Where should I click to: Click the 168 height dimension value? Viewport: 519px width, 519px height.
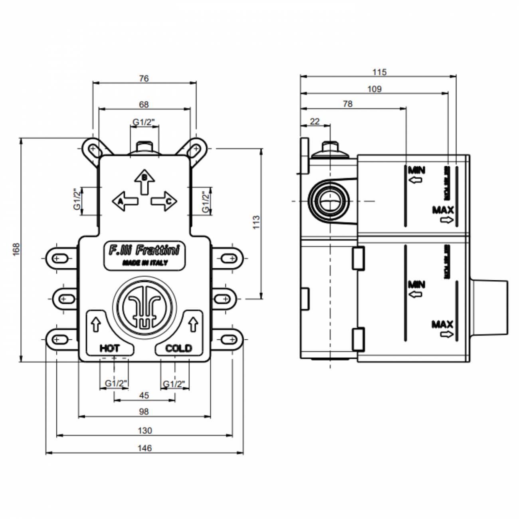[x=16, y=249]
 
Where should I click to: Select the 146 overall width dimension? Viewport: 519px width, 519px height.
[x=145, y=448]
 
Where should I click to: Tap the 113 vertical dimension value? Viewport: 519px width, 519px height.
[x=256, y=222]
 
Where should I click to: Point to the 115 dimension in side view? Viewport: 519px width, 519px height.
[x=379, y=72]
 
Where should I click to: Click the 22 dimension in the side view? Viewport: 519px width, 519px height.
[x=315, y=121]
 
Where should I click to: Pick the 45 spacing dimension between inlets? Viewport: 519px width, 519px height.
[x=144, y=395]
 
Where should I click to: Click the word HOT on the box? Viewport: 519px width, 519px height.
[x=109, y=348]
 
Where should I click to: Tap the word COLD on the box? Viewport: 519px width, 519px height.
[x=178, y=348]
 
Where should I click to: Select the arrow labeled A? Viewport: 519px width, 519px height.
[x=125, y=201]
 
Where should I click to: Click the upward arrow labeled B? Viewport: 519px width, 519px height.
[x=145, y=182]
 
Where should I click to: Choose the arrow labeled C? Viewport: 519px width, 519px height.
[x=164, y=201]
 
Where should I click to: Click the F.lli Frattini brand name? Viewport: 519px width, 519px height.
[x=144, y=250]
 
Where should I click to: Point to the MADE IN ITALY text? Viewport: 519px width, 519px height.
[x=145, y=263]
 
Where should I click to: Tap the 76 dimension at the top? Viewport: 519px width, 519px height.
[x=144, y=78]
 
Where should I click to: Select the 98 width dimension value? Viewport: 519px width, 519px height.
[x=144, y=411]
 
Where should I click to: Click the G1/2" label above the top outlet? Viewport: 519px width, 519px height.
[x=144, y=122]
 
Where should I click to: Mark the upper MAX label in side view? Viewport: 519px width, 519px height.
[x=443, y=210]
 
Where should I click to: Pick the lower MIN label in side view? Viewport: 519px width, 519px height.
[x=416, y=285]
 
